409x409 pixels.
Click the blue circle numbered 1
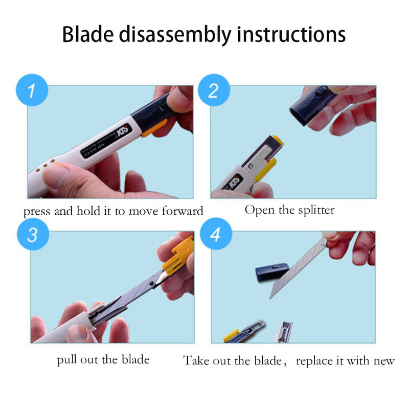[x=32, y=90]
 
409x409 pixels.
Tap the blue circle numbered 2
[x=214, y=90]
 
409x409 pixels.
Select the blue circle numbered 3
[x=33, y=234]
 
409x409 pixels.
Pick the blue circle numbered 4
[x=216, y=234]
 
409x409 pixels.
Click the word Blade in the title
[x=88, y=34]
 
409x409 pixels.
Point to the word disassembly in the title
[x=175, y=35]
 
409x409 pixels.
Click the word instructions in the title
[x=291, y=34]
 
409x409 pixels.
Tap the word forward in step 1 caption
[x=183, y=211]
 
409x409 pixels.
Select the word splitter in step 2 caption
[x=316, y=210]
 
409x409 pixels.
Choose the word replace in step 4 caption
[x=314, y=361]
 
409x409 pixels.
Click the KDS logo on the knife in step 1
[x=122, y=130]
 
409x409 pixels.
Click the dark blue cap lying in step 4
[x=272, y=272]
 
